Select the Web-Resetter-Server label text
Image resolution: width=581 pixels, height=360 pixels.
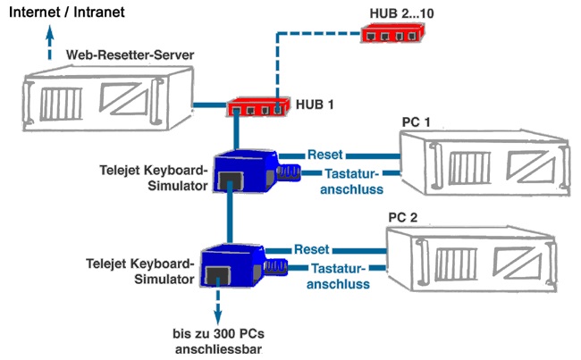pyautogui.click(x=131, y=55)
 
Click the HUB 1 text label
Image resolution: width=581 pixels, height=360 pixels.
pyautogui.click(x=316, y=105)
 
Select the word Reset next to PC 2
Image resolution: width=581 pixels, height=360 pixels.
pyautogui.click(x=312, y=249)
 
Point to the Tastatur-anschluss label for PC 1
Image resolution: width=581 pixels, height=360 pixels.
pyautogui.click(x=352, y=180)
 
